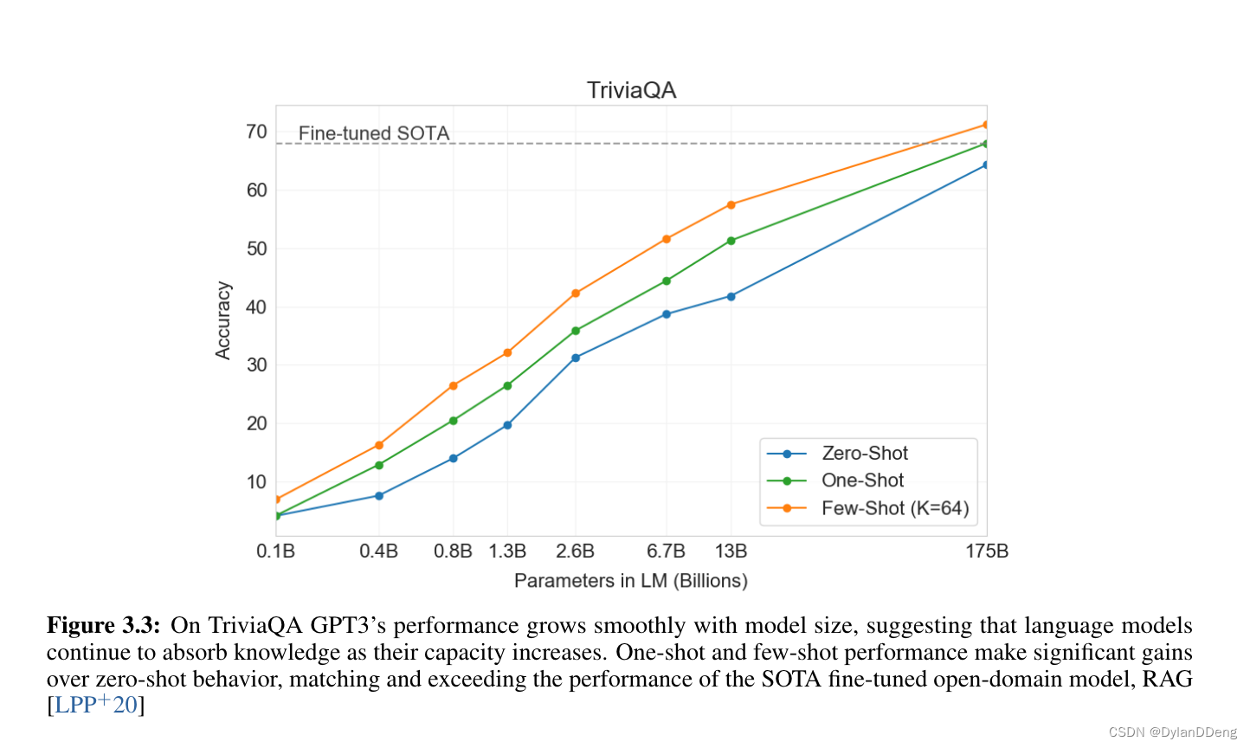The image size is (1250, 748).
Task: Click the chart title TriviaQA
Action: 631,90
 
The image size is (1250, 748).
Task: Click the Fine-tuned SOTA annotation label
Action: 374,133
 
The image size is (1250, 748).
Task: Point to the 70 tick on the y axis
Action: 256,132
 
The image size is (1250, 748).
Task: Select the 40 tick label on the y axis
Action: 256,307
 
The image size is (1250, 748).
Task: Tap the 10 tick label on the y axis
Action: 256,482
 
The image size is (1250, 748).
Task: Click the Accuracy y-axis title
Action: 223,320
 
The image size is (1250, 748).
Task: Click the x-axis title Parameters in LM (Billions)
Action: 630,581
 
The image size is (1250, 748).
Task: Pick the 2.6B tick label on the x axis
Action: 575,551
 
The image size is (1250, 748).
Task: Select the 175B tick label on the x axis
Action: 987,551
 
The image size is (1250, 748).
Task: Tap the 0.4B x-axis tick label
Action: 378,551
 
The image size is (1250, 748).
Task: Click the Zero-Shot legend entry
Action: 864,454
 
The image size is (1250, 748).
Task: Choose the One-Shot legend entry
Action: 862,480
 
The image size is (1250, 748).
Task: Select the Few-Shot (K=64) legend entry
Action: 894,508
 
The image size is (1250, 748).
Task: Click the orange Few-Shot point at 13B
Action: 731,205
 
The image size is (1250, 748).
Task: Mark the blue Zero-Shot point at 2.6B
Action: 576,358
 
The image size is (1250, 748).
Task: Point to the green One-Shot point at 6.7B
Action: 667,280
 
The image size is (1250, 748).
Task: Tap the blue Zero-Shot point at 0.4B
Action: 379,496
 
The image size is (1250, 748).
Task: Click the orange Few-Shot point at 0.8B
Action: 454,386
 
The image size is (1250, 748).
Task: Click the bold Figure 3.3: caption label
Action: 103,626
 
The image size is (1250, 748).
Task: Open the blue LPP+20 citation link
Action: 96,705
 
